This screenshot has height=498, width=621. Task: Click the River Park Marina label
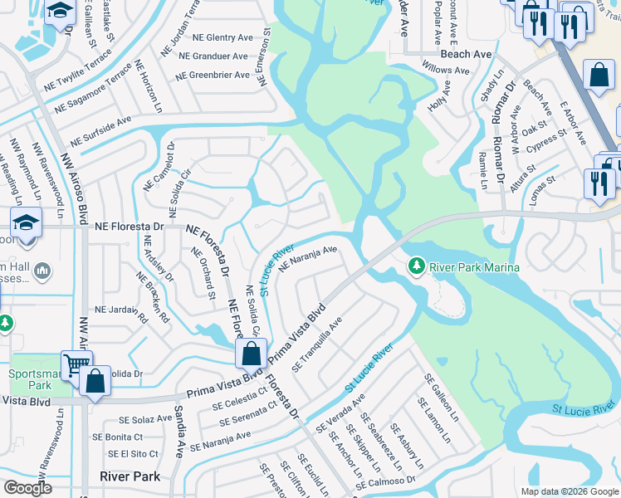(x=474, y=267)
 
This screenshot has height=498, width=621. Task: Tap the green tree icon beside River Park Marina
(x=417, y=266)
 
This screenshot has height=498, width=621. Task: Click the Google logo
(x=27, y=488)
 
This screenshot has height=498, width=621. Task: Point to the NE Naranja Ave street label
(x=308, y=257)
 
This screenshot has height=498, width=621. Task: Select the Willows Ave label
(x=446, y=71)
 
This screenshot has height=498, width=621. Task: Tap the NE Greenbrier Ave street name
(x=213, y=75)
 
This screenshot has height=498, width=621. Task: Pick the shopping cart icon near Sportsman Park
(x=75, y=364)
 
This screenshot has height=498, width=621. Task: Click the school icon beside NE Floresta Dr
(x=25, y=222)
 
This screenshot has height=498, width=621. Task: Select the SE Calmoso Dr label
(x=388, y=481)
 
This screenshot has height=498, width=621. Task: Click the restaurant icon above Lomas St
(x=599, y=182)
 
